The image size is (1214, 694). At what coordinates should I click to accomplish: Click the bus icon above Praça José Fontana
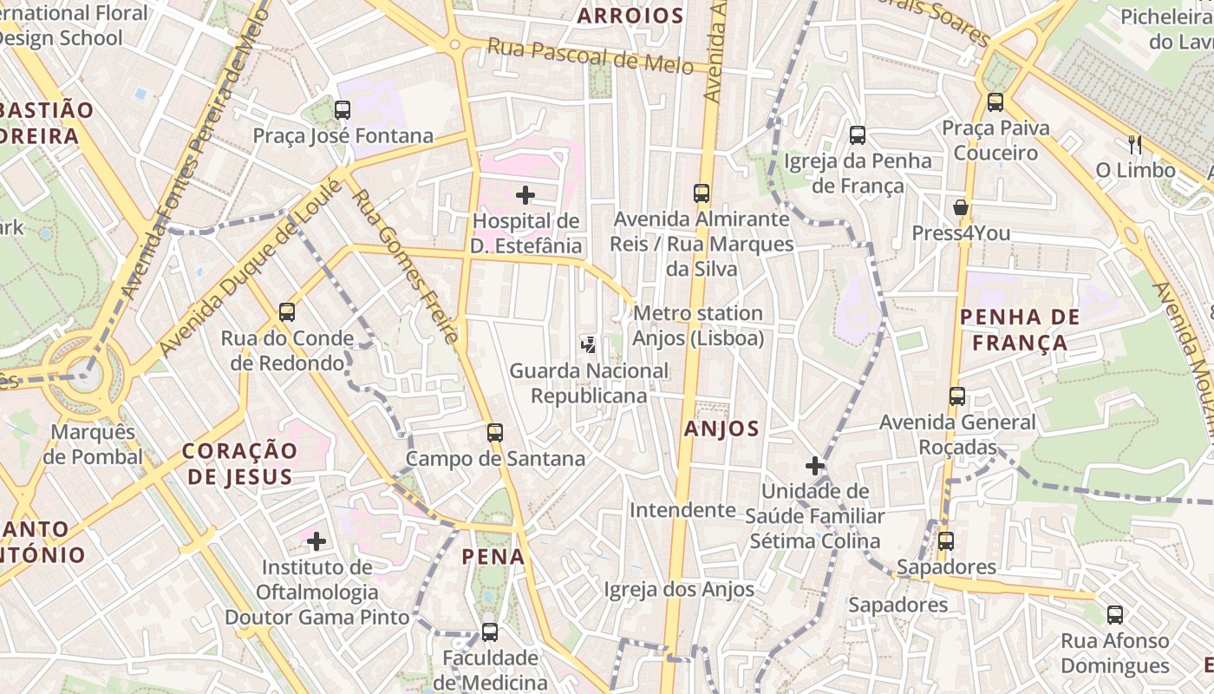(343, 110)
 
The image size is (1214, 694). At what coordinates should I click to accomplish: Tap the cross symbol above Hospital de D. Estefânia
(525, 195)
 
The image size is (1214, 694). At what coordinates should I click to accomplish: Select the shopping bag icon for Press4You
(961, 207)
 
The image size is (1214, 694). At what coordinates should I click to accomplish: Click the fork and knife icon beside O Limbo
(1134, 144)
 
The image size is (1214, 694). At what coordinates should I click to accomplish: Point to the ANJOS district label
(721, 428)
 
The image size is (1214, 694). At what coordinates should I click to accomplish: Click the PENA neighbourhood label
(493, 556)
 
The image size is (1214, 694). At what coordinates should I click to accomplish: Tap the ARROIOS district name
(630, 16)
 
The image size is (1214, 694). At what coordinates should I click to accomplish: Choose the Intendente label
(682, 509)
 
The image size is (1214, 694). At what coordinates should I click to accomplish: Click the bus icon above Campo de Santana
(495, 432)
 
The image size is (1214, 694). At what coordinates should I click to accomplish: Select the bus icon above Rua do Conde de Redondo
(287, 312)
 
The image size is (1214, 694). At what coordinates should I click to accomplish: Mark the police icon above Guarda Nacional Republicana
(589, 344)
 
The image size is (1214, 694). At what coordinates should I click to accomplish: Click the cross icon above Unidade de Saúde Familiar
(814, 466)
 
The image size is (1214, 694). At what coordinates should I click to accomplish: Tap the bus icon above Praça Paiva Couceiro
(995, 102)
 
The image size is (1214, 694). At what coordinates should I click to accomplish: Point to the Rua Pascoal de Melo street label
(590, 56)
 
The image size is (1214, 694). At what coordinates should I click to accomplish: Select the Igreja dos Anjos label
(679, 590)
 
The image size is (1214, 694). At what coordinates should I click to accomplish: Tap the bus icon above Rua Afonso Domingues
(1115, 615)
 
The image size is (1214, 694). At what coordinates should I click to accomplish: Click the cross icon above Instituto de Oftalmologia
(317, 542)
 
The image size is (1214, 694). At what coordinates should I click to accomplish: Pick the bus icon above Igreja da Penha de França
(858, 135)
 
